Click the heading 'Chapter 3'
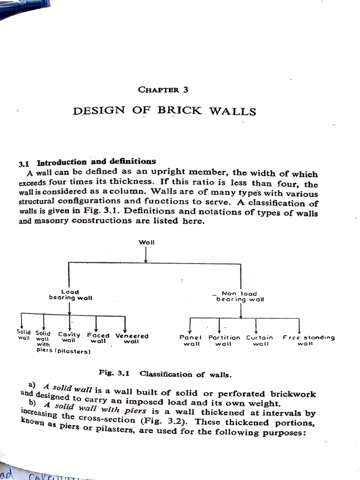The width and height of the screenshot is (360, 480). click(x=163, y=89)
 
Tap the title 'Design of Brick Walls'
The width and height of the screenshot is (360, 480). click(x=165, y=111)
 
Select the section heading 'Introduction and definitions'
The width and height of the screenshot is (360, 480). click(x=96, y=163)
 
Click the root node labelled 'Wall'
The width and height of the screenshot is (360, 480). click(x=146, y=242)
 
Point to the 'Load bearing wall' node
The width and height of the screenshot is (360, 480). click(x=70, y=295)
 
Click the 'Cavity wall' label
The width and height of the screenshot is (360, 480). click(x=69, y=337)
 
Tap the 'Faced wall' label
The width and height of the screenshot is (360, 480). click(x=98, y=338)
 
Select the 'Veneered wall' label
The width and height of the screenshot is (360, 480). click(x=132, y=338)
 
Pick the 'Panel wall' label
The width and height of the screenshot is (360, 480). click(x=190, y=340)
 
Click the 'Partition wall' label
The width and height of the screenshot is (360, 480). click(x=224, y=340)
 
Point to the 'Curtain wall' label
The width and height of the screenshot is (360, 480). click(x=259, y=340)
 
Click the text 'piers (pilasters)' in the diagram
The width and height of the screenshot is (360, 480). click(x=63, y=351)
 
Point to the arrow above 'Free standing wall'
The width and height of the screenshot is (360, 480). click(x=299, y=325)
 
